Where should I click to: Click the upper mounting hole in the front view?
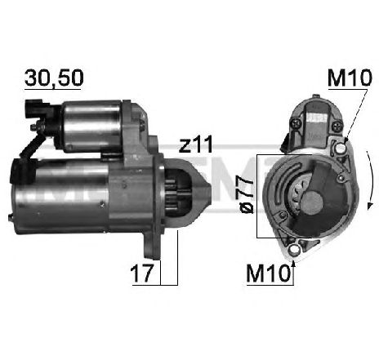click(340, 149)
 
